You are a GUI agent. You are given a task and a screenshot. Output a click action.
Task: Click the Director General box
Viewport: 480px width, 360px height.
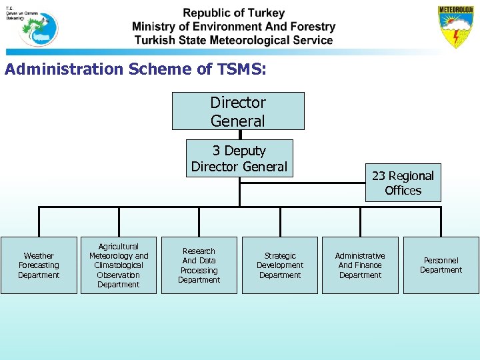238,111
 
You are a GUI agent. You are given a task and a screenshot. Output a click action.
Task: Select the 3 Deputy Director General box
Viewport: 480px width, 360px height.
239,159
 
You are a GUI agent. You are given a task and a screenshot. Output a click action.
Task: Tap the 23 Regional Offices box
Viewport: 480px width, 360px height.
403,183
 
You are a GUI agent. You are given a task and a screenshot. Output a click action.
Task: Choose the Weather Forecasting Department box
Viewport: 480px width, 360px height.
39,265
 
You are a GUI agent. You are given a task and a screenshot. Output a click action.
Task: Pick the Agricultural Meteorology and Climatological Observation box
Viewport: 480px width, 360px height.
119,265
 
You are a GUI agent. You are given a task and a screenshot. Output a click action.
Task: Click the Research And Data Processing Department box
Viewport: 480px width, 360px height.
199,265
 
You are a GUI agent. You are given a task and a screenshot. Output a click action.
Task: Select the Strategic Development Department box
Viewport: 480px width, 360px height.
280,265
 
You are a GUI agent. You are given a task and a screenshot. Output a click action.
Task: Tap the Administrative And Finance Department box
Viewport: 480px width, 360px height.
360,265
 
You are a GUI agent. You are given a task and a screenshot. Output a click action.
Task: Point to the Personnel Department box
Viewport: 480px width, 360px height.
441,265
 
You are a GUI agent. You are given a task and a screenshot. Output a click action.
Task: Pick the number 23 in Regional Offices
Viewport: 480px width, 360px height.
379,176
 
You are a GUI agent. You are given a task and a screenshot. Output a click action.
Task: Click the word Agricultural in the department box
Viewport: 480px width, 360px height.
119,247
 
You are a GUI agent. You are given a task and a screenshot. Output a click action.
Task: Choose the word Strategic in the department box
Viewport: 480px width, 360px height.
280,256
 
